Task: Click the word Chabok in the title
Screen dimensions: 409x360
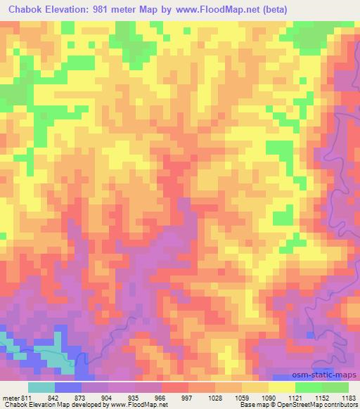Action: coord(26,10)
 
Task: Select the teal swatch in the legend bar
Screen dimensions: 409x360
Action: coord(41,387)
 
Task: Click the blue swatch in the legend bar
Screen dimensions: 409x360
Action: coord(68,387)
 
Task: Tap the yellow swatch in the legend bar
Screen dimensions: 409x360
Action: coord(281,387)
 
